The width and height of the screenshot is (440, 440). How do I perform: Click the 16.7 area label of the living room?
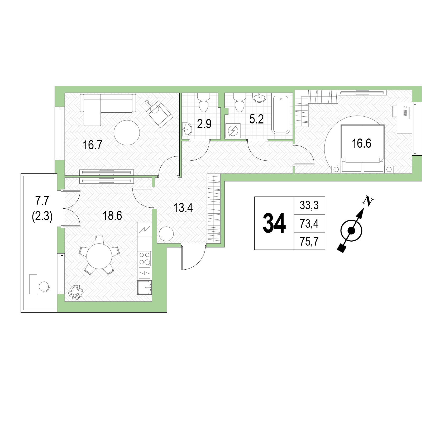coord(93,145)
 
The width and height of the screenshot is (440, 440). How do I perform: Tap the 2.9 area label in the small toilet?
coord(204,124)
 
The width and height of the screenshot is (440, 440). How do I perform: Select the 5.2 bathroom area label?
coord(256,119)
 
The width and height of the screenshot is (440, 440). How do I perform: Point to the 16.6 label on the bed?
coord(361,143)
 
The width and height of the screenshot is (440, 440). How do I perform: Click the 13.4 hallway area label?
coord(183,208)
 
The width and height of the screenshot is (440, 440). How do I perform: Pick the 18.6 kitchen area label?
coord(112,216)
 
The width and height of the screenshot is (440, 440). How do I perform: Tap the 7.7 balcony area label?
coord(42,201)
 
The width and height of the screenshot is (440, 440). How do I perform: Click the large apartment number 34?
coord(274,223)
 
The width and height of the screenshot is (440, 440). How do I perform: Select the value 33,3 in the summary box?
coord(309,205)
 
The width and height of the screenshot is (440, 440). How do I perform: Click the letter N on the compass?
coord(368,201)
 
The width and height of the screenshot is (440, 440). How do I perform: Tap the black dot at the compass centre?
coord(351,231)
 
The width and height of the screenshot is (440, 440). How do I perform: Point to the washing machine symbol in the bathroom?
coord(233,131)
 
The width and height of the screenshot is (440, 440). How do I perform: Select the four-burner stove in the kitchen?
coord(145,259)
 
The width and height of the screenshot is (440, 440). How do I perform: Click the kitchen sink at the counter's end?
coord(145,288)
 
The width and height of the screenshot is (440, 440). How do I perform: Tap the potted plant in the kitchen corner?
coord(76,292)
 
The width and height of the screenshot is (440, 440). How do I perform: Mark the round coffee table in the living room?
coord(127,133)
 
